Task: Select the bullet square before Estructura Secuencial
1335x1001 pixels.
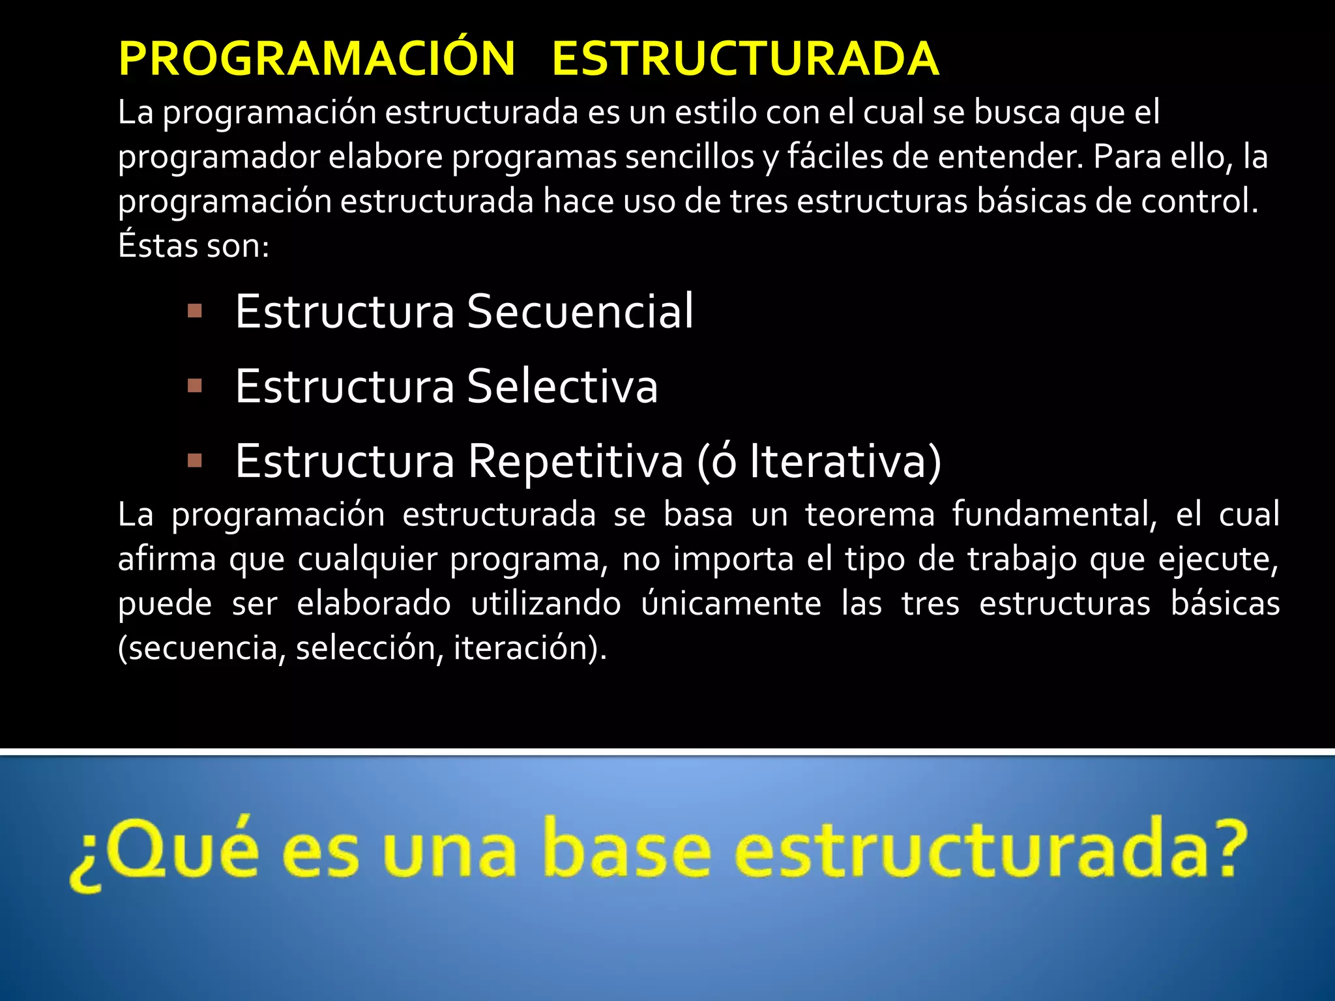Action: (194, 311)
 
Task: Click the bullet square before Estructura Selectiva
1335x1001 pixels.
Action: (194, 386)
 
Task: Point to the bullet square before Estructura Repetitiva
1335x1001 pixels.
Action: (194, 461)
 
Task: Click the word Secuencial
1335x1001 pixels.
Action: (580, 312)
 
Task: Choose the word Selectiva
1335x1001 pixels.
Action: (563, 386)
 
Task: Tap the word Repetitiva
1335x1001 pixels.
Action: (576, 461)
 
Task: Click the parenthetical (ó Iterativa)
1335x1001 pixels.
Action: (819, 461)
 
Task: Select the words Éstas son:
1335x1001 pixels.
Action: (194, 246)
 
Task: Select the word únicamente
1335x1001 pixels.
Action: (731, 603)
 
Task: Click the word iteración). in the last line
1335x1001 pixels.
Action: (530, 648)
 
